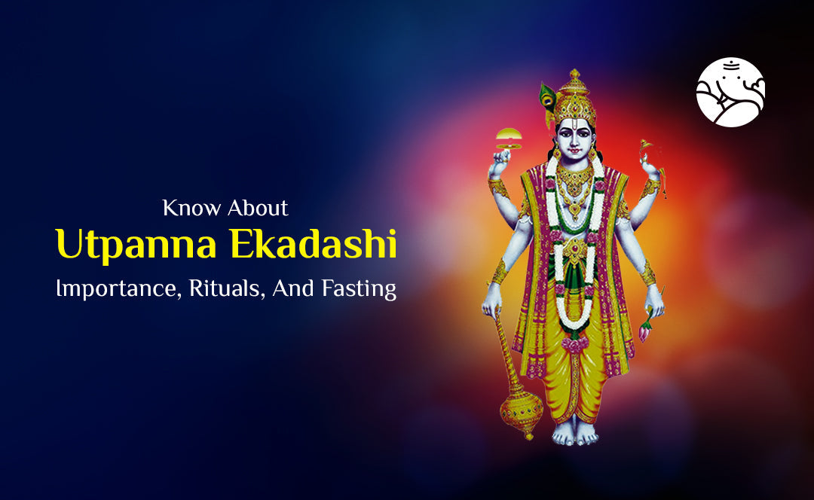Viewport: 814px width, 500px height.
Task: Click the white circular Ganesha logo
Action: pyautogui.click(x=730, y=92)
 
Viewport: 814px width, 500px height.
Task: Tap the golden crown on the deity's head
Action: pyautogui.click(x=574, y=98)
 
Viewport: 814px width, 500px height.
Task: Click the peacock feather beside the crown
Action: pyautogui.click(x=547, y=96)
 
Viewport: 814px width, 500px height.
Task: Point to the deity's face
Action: pyautogui.click(x=574, y=139)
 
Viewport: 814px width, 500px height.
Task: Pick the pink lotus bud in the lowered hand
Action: pyautogui.click(x=645, y=330)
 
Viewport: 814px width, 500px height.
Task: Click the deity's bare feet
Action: pyautogui.click(x=574, y=434)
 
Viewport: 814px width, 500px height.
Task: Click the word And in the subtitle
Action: pyautogui.click(x=308, y=289)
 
